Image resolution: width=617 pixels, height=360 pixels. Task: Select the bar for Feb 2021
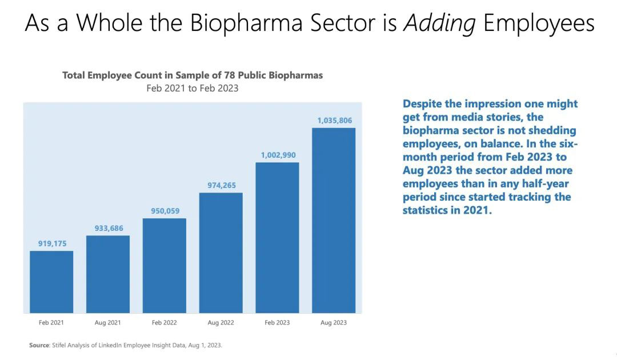51,282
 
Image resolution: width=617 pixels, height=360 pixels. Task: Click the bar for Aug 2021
108,274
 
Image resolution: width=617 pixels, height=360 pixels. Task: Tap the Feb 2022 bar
164,266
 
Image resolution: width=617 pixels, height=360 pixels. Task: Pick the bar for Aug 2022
221,253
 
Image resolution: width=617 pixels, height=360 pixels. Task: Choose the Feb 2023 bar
277,238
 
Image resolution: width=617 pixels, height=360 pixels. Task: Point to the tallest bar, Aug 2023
334,220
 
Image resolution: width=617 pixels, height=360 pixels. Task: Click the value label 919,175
52,243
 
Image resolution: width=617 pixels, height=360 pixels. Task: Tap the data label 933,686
109,229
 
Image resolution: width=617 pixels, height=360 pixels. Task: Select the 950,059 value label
165,211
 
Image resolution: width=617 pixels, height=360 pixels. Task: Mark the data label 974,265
221,185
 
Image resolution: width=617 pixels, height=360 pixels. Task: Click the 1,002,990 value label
278,155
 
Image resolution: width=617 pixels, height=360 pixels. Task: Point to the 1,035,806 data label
335,121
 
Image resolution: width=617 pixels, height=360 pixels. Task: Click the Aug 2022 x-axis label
221,323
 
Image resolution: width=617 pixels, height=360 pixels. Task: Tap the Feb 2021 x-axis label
51,323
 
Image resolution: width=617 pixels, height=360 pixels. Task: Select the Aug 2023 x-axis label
334,323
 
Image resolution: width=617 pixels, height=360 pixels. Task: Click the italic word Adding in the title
440,23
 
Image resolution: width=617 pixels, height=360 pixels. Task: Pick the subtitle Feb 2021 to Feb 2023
192,88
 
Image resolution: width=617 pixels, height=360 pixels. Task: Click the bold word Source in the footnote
39,346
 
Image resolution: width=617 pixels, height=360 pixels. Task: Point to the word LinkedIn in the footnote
119,346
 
